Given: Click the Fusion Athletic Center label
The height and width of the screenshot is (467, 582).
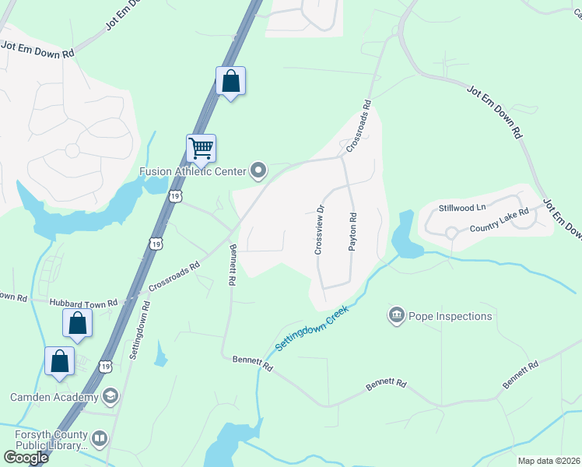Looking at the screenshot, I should [192, 171].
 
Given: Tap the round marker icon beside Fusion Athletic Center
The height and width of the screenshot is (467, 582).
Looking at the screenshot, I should [258, 170].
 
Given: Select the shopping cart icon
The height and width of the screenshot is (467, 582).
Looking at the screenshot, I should [201, 147].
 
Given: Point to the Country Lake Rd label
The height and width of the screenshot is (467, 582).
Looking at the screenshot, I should [500, 220].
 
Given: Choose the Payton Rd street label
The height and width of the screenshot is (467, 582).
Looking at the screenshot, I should [352, 231].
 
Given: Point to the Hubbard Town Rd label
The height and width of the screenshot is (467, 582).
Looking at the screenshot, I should [82, 302].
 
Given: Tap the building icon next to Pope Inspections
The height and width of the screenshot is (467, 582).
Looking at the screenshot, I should [397, 315].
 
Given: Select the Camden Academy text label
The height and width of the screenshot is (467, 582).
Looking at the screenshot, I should [54, 397].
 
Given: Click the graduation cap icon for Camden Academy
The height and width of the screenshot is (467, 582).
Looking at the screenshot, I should [110, 397].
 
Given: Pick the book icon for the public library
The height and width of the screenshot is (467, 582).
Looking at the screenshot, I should [100, 440].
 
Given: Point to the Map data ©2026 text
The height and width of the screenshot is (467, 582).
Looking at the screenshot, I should [549, 461].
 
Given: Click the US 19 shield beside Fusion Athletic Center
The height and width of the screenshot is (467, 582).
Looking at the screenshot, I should [177, 197].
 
